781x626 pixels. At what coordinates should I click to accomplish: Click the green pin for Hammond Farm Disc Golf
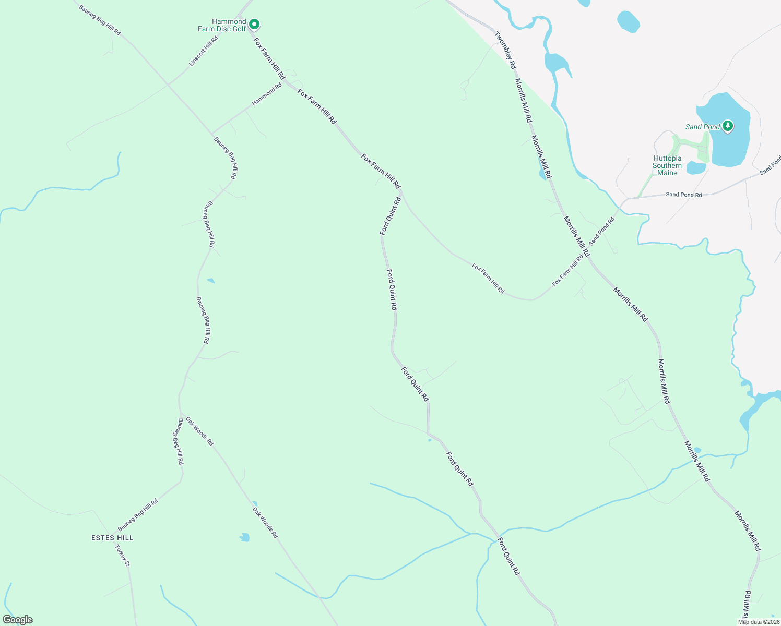click(x=254, y=24)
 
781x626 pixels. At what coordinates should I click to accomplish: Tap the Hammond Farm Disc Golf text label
click(x=222, y=25)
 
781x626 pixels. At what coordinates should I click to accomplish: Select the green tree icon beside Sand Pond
click(x=728, y=126)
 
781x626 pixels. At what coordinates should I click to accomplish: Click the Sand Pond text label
click(x=702, y=127)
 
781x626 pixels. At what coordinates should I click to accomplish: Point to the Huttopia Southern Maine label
click(x=667, y=165)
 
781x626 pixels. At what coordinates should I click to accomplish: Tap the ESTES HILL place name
click(x=112, y=538)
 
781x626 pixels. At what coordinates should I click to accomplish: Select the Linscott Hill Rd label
click(x=204, y=51)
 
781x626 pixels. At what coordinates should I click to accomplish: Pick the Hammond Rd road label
click(x=267, y=94)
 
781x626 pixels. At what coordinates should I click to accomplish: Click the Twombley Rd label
click(x=505, y=50)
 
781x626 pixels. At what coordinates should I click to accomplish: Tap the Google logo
click(x=17, y=620)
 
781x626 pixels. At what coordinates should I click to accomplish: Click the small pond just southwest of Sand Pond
click(x=695, y=168)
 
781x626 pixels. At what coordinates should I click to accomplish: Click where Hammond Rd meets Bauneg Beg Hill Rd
click(x=211, y=133)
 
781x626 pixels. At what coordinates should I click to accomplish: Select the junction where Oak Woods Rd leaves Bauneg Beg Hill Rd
click(x=180, y=413)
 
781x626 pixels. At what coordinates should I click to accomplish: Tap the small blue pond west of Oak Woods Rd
click(x=244, y=537)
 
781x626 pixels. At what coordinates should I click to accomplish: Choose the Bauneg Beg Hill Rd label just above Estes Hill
click(x=138, y=514)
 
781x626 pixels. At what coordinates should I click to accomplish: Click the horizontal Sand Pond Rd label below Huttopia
click(x=683, y=195)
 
